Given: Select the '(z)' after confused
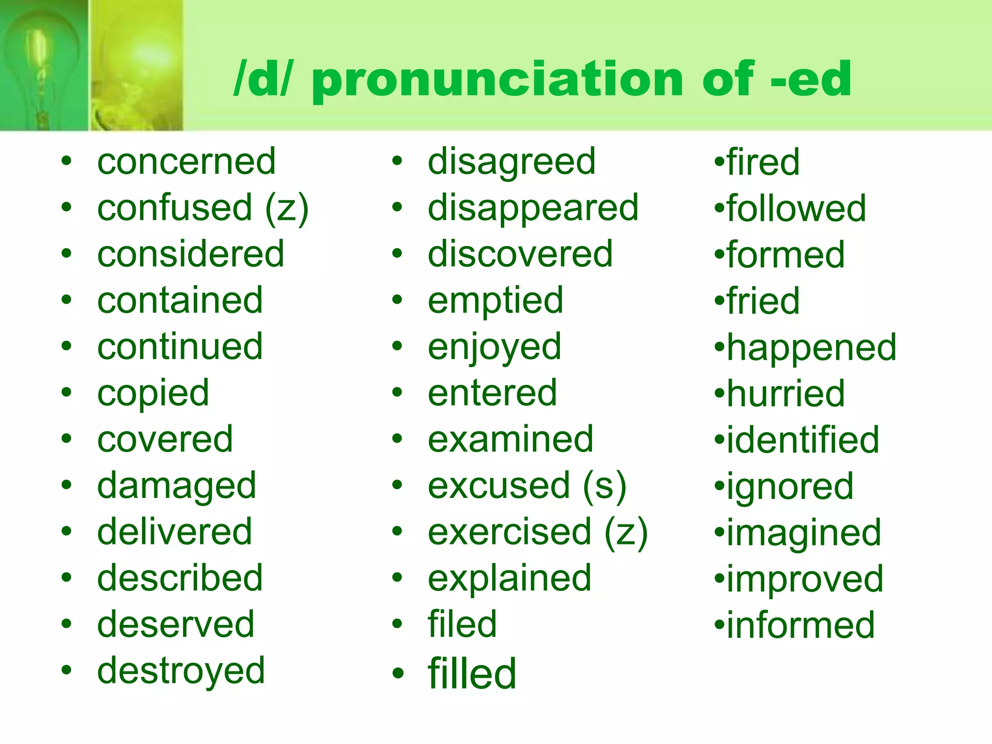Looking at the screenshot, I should tap(287, 208).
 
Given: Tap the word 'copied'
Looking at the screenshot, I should tap(153, 393).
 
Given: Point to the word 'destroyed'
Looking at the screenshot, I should tap(181, 671).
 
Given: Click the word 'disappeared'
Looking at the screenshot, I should tap(533, 208).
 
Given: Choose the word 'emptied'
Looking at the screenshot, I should tap(496, 301).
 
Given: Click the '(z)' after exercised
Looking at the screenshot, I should tap(626, 532).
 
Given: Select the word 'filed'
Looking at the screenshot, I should tap(463, 624).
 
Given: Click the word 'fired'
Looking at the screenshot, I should tap(763, 162).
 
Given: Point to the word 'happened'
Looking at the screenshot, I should tap(812, 347).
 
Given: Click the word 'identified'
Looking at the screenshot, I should tap(803, 440).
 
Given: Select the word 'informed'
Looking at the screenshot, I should tap(801, 625).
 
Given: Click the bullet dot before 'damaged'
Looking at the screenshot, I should tap(66, 485).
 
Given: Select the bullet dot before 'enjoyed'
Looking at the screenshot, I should tap(397, 346).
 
